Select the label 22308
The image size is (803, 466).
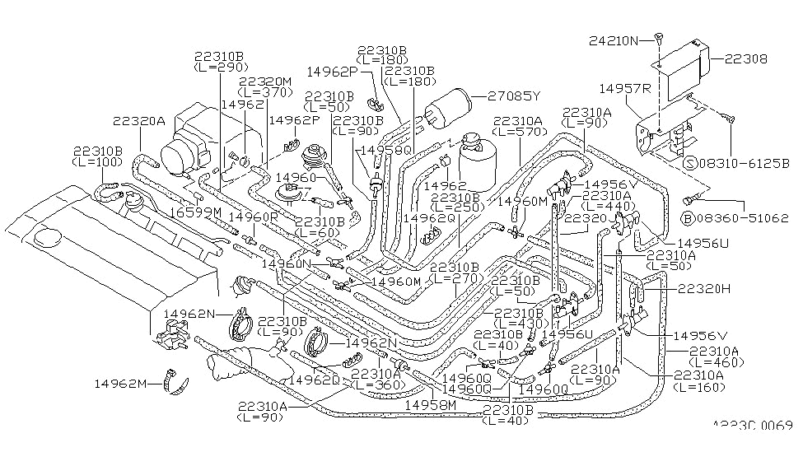pos(745,58)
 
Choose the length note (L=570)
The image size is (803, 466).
pos(520,133)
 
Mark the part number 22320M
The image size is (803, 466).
pos(265,82)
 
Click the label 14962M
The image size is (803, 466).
pos(120,383)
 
